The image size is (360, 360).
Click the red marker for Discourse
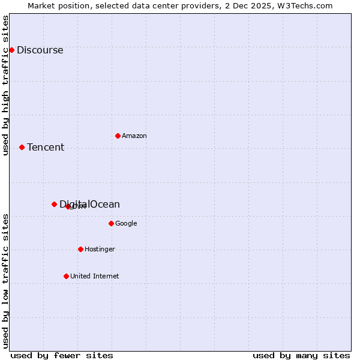11,50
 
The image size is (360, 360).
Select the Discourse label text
40,50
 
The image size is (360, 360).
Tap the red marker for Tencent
22,147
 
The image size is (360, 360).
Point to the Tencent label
46,148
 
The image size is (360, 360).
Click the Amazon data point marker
118,136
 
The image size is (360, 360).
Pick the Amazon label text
134,136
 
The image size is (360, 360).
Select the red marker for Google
111,223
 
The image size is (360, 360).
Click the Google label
126,224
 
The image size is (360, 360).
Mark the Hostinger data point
80,249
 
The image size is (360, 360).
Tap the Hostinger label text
100,250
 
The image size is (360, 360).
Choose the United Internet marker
66,276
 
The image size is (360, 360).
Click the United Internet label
94,277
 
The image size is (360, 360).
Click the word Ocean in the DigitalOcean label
104,205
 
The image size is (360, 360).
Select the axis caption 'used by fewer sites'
62,355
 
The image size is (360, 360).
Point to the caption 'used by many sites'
301,355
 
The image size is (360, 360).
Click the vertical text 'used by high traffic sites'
5,85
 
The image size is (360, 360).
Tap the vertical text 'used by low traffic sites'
5,280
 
